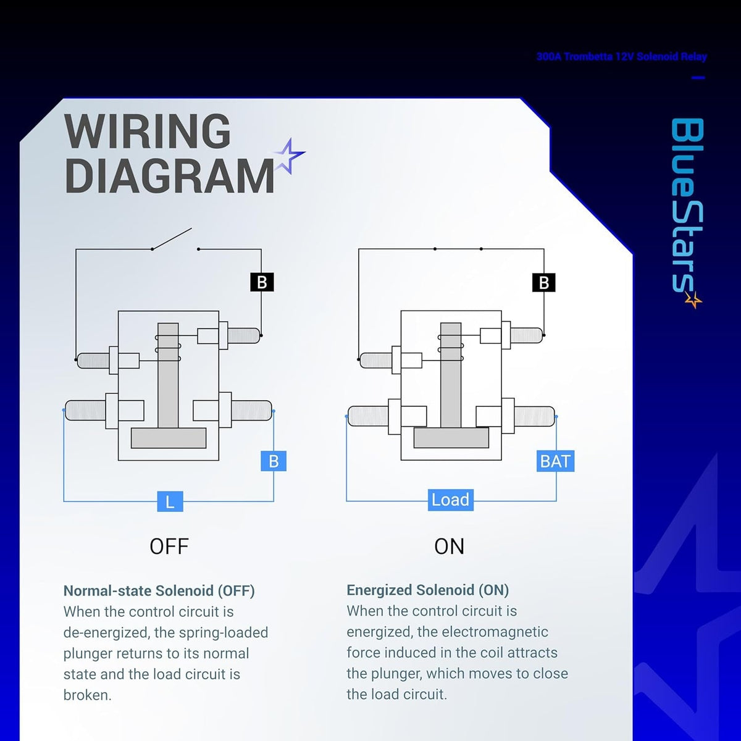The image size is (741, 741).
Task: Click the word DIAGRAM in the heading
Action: [x=169, y=176]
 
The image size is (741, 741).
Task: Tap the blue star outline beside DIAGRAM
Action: [x=290, y=156]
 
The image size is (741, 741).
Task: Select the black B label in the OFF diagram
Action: [x=262, y=282]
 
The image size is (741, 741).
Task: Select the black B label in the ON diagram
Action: [x=544, y=283]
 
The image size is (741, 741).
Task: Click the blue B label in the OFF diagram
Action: [x=274, y=461]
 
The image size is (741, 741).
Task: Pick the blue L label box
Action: [x=170, y=501]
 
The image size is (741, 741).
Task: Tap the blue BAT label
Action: [x=555, y=461]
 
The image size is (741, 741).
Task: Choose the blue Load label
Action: [x=451, y=500]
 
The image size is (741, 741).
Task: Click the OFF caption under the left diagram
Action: [x=169, y=546]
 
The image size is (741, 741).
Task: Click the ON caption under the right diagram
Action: [x=449, y=546]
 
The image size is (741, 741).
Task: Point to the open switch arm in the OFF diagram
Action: [x=172, y=239]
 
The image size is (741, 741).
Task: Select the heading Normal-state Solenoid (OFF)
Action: [x=159, y=591]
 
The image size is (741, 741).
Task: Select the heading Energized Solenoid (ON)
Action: [x=427, y=590]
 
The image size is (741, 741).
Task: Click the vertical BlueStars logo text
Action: [x=687, y=206]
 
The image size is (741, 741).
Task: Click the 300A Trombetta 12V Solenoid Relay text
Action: [x=621, y=57]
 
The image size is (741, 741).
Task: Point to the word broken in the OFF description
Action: [x=87, y=695]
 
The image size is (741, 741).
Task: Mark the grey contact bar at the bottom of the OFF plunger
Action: [x=169, y=438]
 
